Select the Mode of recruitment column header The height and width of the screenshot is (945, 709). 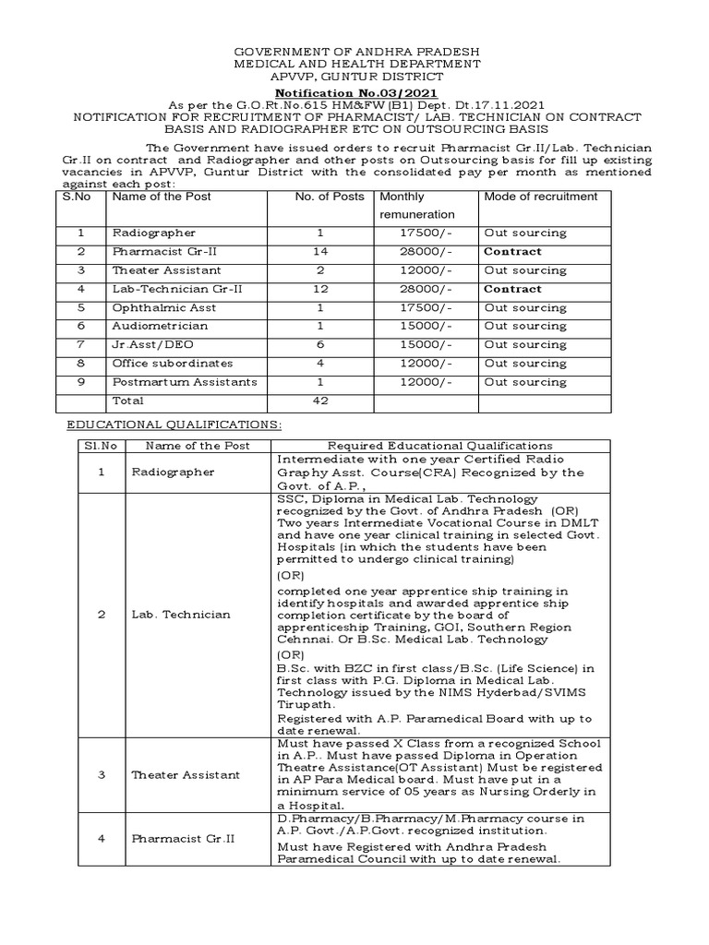540,197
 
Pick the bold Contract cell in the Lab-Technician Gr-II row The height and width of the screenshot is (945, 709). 512,289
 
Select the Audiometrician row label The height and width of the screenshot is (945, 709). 160,326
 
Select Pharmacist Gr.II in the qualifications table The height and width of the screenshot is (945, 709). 184,839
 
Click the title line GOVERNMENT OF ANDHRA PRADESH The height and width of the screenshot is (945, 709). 355,52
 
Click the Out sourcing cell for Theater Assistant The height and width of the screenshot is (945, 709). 525,270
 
